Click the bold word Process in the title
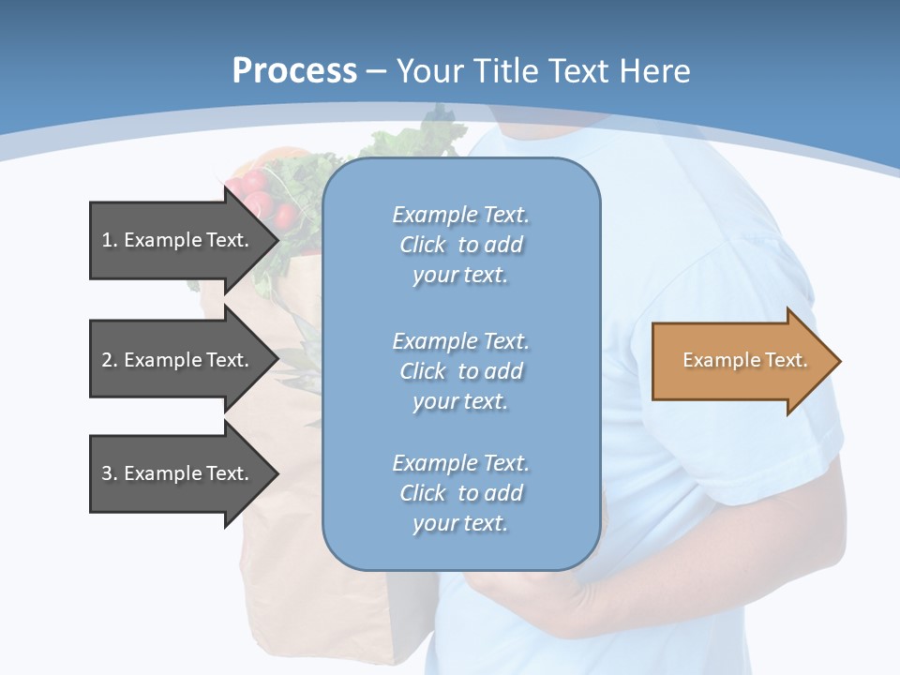294,71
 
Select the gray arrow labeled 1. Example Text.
178,241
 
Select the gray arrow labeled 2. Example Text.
178,360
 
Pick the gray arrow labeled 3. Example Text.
178,473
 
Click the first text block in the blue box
460,245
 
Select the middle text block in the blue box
460,371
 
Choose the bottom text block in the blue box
460,493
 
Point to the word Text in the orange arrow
786,360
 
